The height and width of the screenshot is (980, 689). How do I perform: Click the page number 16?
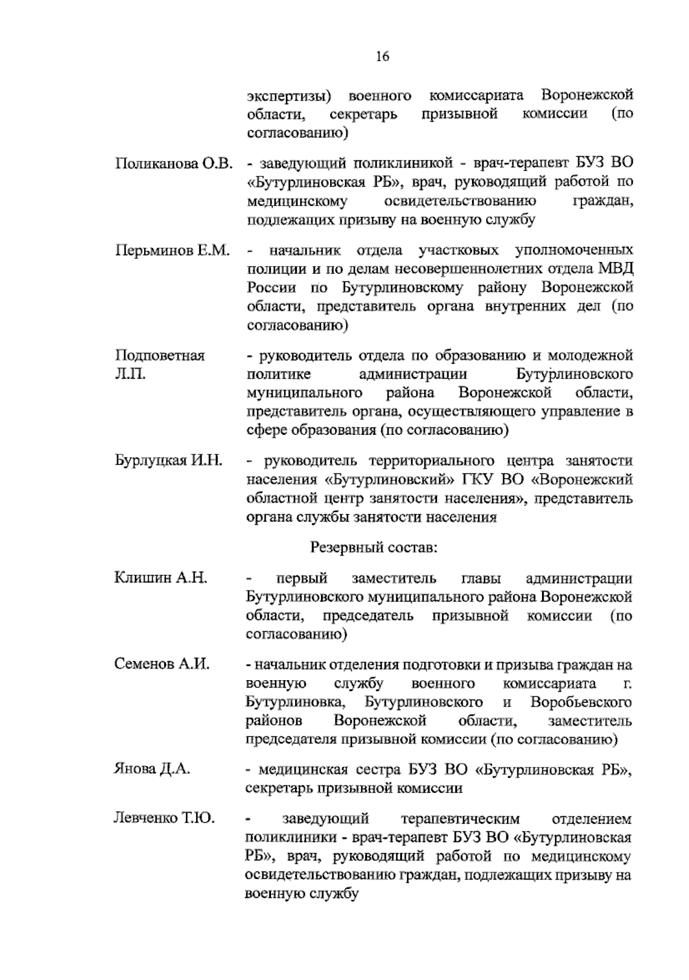click(x=382, y=56)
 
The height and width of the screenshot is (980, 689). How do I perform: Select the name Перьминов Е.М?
click(x=172, y=250)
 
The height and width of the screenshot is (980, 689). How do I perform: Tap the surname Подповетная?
click(x=160, y=356)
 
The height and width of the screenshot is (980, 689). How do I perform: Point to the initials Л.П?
click(x=130, y=374)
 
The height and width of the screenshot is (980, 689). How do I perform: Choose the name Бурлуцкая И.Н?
click(x=168, y=461)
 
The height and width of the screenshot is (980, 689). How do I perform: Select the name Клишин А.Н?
click(x=160, y=578)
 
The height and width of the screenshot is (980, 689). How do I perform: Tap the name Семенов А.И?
click(x=162, y=665)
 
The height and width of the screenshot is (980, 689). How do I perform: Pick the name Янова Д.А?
click(x=152, y=769)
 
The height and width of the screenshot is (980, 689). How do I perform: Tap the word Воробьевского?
click(x=581, y=703)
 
